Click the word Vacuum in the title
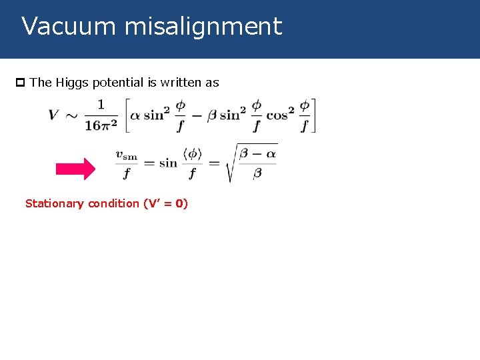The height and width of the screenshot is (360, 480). pyautogui.click(x=60, y=27)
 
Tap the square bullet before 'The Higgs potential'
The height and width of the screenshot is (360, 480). pyautogui.click(x=20, y=83)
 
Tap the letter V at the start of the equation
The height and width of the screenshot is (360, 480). pyautogui.click(x=53, y=115)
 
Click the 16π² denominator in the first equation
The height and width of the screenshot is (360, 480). pyautogui.click(x=101, y=125)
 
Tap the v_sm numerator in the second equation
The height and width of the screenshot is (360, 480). pyautogui.click(x=126, y=155)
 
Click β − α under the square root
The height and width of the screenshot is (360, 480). pyautogui.click(x=258, y=155)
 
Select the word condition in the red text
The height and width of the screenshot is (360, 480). pyautogui.click(x=115, y=203)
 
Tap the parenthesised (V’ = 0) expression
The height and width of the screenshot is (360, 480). pyautogui.click(x=165, y=203)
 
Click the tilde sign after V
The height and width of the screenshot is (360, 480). pyautogui.click(x=71, y=115)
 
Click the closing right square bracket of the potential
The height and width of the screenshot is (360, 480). pyautogui.click(x=313, y=115)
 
